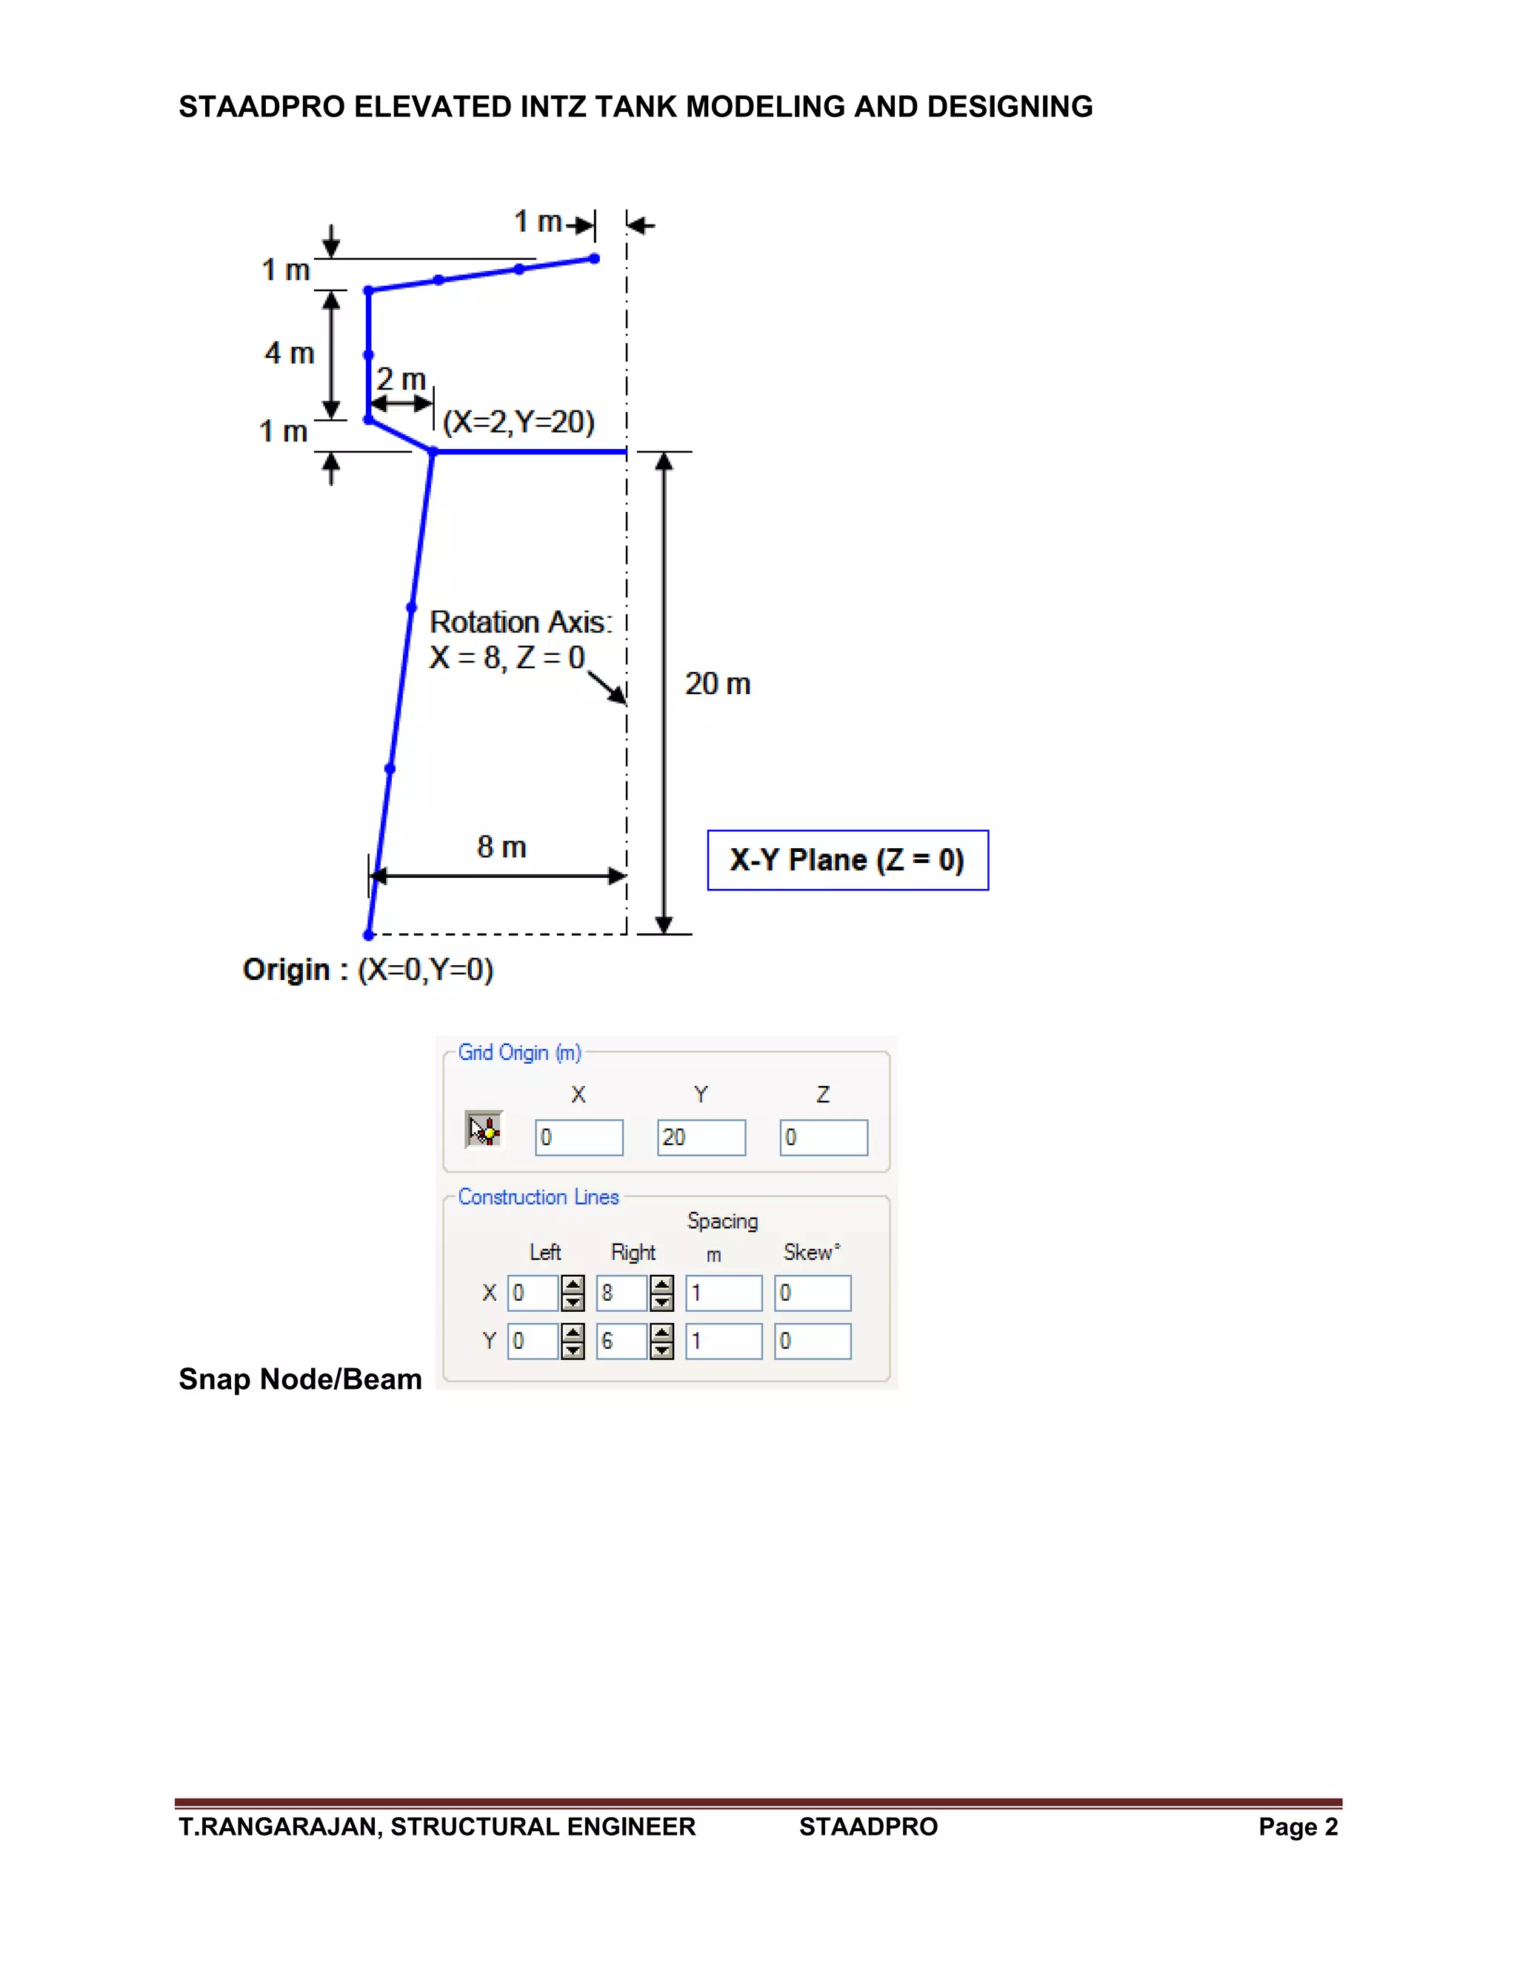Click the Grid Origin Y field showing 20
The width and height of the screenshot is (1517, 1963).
tap(701, 1137)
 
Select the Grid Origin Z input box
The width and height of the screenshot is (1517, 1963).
tap(823, 1137)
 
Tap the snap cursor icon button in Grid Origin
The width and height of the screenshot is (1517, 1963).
tap(484, 1130)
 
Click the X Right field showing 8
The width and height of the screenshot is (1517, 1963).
tap(621, 1293)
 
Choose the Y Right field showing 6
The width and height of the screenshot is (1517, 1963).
tap(621, 1341)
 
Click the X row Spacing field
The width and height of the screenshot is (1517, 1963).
tap(724, 1293)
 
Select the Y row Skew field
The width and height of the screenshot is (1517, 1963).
tap(813, 1341)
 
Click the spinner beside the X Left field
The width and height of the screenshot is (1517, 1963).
tap(573, 1293)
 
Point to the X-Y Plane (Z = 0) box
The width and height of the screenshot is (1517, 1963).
tap(847, 860)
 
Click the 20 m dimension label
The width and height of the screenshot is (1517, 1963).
tap(717, 684)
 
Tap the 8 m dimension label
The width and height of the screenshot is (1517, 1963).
tap(501, 847)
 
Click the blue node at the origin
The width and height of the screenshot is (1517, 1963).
tap(368, 935)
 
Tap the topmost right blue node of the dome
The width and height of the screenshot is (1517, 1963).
tap(594, 259)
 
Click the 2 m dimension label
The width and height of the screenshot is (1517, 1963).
tap(400, 379)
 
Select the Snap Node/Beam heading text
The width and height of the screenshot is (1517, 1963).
tap(300, 1379)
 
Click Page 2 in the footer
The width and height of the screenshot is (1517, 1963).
tap(1298, 1827)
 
